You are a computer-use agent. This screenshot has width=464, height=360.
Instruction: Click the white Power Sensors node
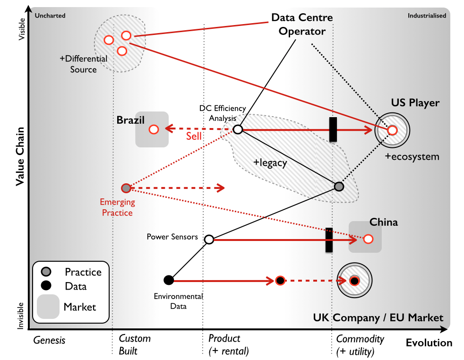coord(209,240)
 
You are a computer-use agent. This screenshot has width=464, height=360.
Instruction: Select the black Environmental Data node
coord(169,280)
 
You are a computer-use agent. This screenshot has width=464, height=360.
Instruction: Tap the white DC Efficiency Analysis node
coord(238,129)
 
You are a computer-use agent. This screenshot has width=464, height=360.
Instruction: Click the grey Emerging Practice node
coord(126,188)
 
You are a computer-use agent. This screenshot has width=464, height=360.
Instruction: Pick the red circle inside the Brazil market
coord(154,129)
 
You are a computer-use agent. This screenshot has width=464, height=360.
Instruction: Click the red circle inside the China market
coord(368,239)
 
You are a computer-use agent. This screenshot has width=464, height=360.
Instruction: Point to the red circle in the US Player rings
coord(392,130)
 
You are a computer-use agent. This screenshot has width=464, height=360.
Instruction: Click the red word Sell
coord(194,137)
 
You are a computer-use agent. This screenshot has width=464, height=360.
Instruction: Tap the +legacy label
coord(270,163)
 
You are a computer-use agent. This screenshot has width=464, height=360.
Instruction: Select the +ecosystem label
coord(412,157)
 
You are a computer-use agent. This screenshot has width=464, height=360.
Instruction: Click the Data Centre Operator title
coord(302,24)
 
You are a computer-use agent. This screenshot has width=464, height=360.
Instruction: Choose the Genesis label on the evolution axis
coord(49,341)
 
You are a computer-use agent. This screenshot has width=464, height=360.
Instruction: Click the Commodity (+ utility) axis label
coord(360,345)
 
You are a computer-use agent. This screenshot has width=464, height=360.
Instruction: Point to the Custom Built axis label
coord(135,344)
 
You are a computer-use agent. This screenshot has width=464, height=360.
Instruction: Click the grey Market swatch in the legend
coord(48,307)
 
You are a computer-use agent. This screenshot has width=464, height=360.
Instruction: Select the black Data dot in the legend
coord(46,285)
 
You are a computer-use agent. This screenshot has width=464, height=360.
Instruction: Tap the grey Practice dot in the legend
coord(46,272)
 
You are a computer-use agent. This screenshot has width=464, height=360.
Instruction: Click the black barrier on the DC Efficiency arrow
coord(333,129)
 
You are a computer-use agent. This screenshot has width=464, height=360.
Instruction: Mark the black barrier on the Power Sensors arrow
coord(329,240)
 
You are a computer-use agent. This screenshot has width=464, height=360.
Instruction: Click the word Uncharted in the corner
coord(50,16)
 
